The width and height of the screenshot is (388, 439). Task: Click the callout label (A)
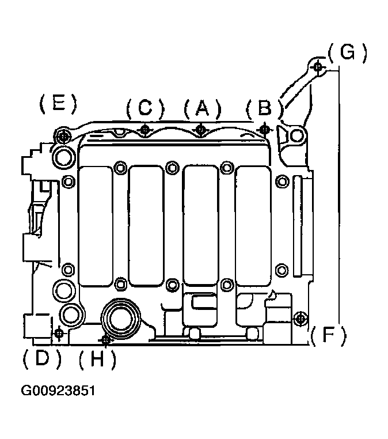pyautogui.click(x=203, y=108)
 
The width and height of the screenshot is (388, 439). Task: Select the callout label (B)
pyautogui.click(x=264, y=108)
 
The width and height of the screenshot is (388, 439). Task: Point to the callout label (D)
pyautogui.click(x=42, y=358)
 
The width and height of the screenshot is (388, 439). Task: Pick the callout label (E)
pyautogui.click(x=58, y=103)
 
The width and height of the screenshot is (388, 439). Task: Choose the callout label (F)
pyautogui.click(x=328, y=335)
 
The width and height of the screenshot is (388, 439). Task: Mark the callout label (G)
pyautogui.click(x=347, y=52)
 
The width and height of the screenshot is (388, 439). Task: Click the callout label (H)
pyautogui.click(x=97, y=359)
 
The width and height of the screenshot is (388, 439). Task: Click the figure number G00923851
pyautogui.click(x=58, y=391)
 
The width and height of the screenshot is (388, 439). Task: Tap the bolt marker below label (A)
pyautogui.click(x=200, y=130)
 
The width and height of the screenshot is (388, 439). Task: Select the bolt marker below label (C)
pyautogui.click(x=145, y=130)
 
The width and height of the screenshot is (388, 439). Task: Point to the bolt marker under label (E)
pyautogui.click(x=64, y=137)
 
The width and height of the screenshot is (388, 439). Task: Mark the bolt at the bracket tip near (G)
pyautogui.click(x=318, y=67)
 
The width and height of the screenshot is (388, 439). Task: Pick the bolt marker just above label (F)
pyautogui.click(x=300, y=319)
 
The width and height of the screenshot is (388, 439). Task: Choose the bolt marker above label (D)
pyautogui.click(x=59, y=334)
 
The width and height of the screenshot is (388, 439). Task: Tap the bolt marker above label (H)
pyautogui.click(x=105, y=340)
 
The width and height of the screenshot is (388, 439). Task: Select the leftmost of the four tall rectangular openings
pyautogui.click(x=96, y=226)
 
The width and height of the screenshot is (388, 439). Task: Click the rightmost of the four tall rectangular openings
pyautogui.click(x=253, y=226)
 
